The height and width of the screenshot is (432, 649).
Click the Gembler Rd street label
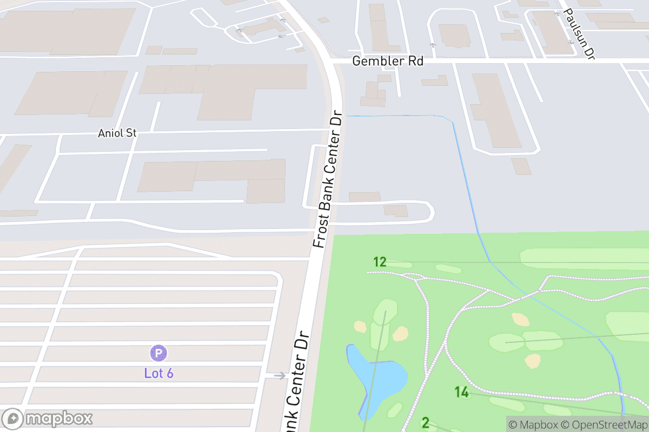pos(387,61)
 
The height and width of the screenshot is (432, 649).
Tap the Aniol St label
pos(117,133)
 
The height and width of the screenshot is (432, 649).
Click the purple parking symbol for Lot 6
pos(158,354)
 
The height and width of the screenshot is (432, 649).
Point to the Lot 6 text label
pos(158,373)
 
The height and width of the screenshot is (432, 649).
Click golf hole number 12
pos(380,262)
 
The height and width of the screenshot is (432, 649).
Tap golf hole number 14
pos(461,392)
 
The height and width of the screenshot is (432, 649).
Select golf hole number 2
pos(425,423)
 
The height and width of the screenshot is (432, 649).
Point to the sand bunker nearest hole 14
pos(532,360)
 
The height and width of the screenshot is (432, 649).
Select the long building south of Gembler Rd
pos(495,111)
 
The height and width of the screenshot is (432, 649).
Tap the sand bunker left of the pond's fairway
pos(360,326)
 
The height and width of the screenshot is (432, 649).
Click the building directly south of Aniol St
pos(216,175)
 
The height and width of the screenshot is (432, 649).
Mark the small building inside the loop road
pos(396,211)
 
